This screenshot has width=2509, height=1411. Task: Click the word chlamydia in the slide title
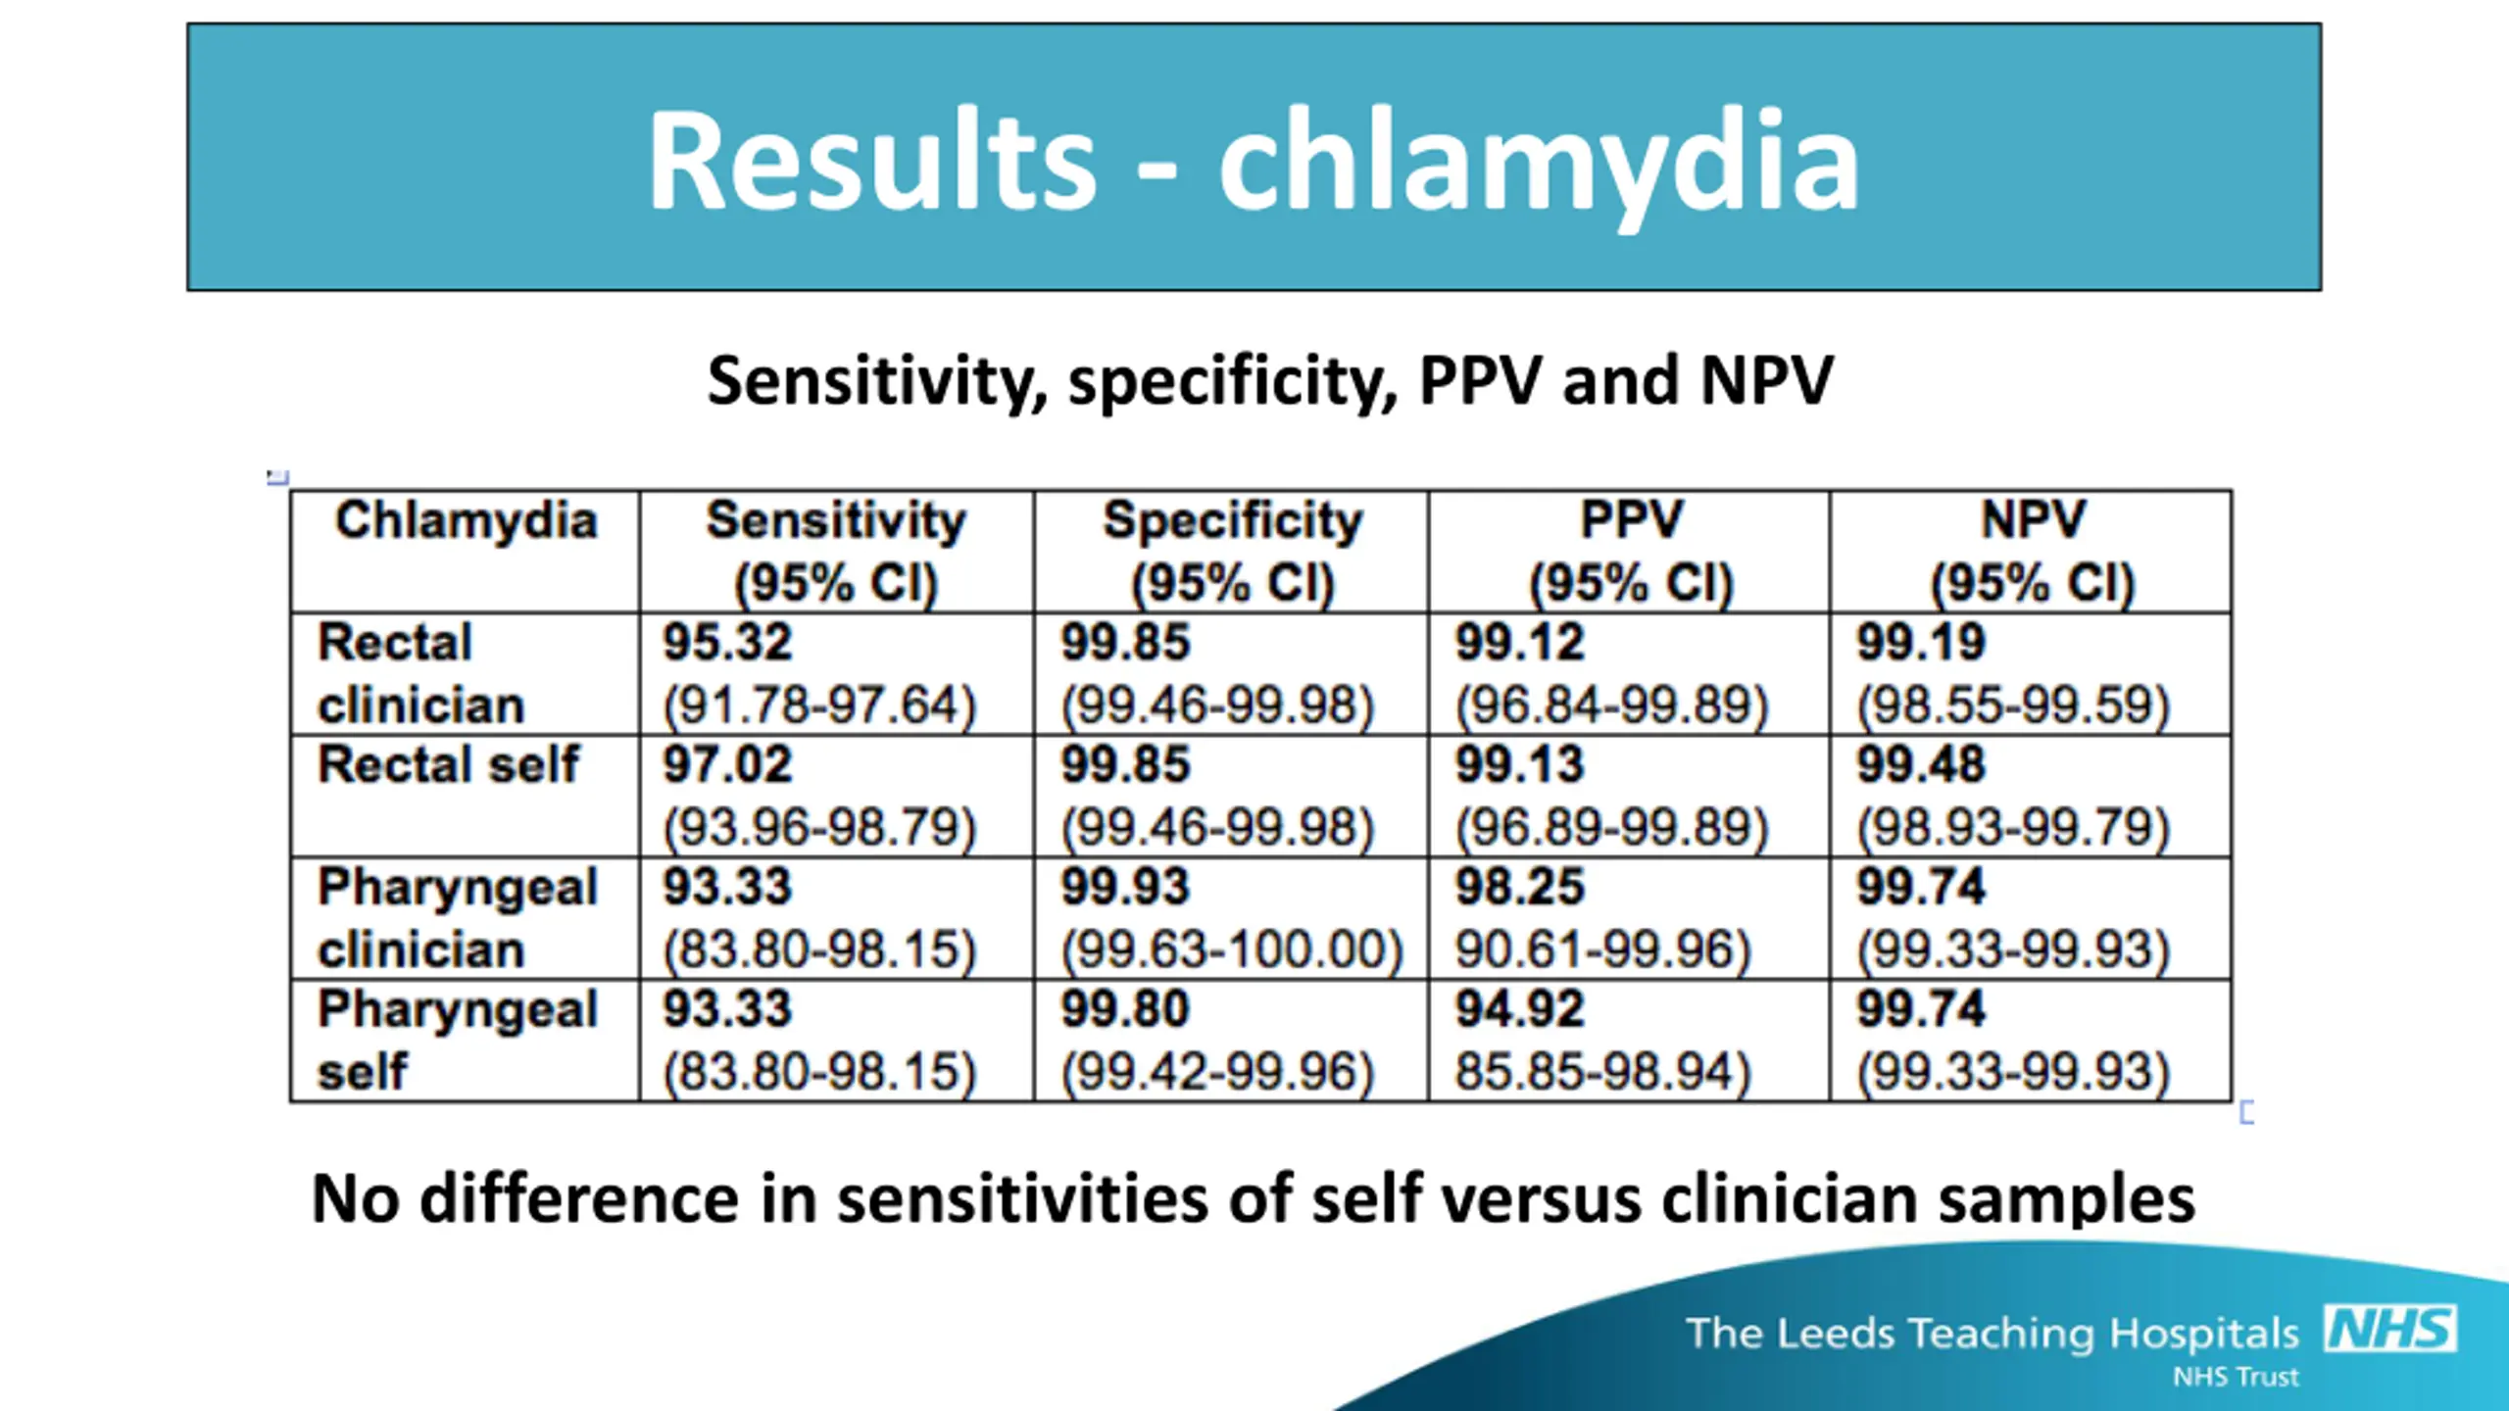[1538, 163]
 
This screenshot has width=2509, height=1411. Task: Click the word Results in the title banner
[871, 161]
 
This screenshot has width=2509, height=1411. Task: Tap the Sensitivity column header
[836, 520]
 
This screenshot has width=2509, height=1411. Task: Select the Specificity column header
[1232, 520]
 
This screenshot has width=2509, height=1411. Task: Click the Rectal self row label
[449, 764]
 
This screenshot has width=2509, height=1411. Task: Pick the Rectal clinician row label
[421, 674]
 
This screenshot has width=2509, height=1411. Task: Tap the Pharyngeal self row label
[457, 1040]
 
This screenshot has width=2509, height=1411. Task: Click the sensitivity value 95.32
[727, 643]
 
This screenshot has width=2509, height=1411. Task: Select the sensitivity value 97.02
[727, 764]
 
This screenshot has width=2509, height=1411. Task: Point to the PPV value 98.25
[1519, 887]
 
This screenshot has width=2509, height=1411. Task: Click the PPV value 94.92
[1519, 1009]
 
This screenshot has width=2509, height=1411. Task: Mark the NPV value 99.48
[1921, 764]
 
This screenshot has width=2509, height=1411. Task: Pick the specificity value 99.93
[1125, 887]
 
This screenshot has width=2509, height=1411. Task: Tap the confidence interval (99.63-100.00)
[1232, 949]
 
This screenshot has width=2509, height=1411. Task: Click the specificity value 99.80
[1125, 1009]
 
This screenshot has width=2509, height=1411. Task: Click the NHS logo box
[2390, 1330]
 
